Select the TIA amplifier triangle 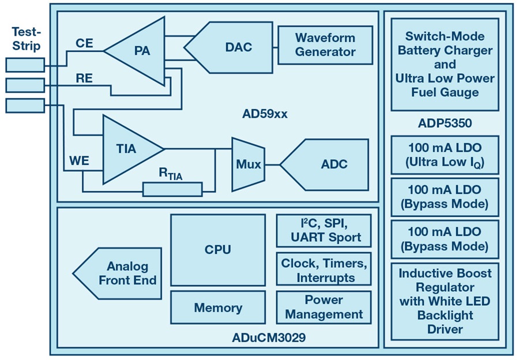tap(128, 149)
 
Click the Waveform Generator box tap(325, 44)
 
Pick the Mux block tap(248, 164)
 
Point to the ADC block tap(327, 164)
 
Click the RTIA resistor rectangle tap(172, 189)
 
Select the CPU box tap(217, 249)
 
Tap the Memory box tap(217, 307)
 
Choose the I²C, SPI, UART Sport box tap(324, 230)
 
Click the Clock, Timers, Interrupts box tap(324, 270)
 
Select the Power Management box tap(324, 307)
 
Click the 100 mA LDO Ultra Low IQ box tap(444, 154)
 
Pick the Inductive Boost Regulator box tap(444, 301)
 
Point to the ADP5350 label tap(445, 122)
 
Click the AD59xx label tap(265, 114)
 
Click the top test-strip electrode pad tap(24, 65)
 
